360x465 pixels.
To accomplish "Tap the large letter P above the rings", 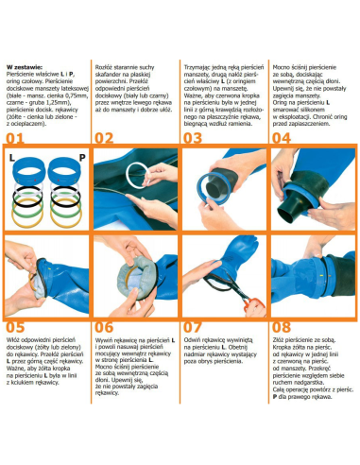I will (83, 157).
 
